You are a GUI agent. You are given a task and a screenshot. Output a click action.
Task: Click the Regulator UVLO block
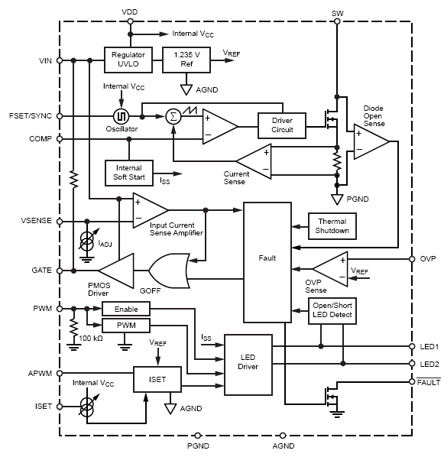128,60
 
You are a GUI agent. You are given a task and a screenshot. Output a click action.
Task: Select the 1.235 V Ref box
186,60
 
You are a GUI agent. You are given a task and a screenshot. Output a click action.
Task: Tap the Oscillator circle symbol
121,117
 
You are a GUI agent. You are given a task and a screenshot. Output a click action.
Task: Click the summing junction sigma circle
173,117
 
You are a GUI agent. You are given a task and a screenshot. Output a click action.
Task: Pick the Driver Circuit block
282,125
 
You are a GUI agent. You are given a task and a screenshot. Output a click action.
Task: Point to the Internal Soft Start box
129,173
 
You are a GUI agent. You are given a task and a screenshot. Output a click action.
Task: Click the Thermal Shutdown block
332,226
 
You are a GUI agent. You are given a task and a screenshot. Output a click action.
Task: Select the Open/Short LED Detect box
332,311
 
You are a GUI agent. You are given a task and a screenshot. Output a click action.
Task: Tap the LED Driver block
248,365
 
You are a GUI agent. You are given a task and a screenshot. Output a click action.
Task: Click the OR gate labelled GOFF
169,271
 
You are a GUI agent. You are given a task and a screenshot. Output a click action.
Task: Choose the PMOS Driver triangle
116,271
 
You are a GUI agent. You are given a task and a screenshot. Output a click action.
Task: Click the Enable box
126,309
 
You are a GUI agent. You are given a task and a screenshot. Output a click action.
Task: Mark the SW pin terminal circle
337,21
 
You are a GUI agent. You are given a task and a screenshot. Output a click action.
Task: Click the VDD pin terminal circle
131,21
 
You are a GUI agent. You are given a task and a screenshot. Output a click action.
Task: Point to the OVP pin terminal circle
412,259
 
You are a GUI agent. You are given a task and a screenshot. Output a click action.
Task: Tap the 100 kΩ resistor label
91,339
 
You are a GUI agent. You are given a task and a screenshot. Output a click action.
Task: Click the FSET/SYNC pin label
31,116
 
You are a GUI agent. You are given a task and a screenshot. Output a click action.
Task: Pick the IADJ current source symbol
87,241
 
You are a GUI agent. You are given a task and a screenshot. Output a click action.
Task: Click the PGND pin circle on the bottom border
198,436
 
